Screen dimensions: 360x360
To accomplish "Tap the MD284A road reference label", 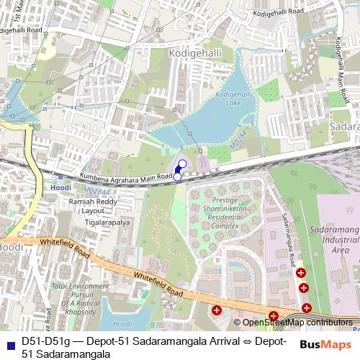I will [96, 192].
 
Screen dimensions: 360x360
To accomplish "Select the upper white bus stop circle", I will [183, 163].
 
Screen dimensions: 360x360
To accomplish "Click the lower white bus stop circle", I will [177, 176].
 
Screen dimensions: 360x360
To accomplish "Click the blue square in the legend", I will [9, 341].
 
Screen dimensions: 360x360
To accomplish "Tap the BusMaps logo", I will [327, 345].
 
